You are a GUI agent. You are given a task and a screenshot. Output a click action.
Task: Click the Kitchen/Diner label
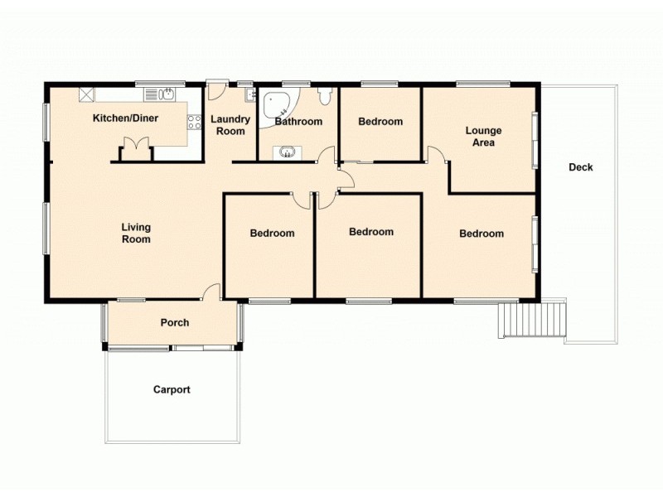coord(125,118)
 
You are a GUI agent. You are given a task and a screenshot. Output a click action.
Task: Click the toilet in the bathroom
coord(325,96)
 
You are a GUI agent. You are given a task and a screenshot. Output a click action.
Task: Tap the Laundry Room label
coord(230,125)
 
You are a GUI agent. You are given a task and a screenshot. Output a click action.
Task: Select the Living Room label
coord(136,233)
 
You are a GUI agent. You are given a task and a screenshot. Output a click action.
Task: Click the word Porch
coord(175,322)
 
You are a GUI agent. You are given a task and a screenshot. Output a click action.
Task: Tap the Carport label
coord(172,389)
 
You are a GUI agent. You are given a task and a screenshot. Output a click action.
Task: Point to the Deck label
coord(580,167)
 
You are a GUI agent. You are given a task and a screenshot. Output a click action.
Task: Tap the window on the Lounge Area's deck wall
coord(535,138)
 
